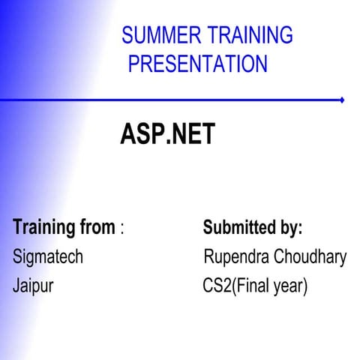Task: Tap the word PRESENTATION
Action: [197, 64]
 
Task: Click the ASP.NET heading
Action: [167, 135]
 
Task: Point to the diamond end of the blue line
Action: [342, 100]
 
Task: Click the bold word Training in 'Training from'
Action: [41, 226]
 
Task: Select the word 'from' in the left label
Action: [95, 226]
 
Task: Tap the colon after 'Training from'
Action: [122, 228]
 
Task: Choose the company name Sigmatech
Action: [48, 257]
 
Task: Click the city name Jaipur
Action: [33, 286]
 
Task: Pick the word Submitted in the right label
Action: [239, 226]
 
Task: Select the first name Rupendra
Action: [236, 257]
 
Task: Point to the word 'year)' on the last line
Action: [290, 286]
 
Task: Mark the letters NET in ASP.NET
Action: [193, 135]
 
